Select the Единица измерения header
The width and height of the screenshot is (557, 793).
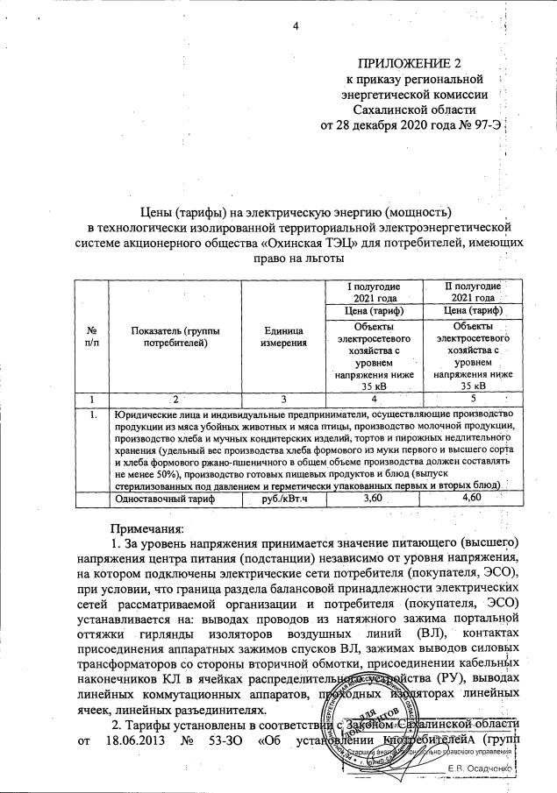(283, 336)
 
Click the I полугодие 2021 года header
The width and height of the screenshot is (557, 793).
(373, 291)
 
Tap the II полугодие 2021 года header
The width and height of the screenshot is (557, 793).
(473, 291)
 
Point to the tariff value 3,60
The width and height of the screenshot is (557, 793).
(374, 498)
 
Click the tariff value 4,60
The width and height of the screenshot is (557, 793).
(473, 498)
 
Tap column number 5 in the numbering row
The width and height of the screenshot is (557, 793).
(473, 400)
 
